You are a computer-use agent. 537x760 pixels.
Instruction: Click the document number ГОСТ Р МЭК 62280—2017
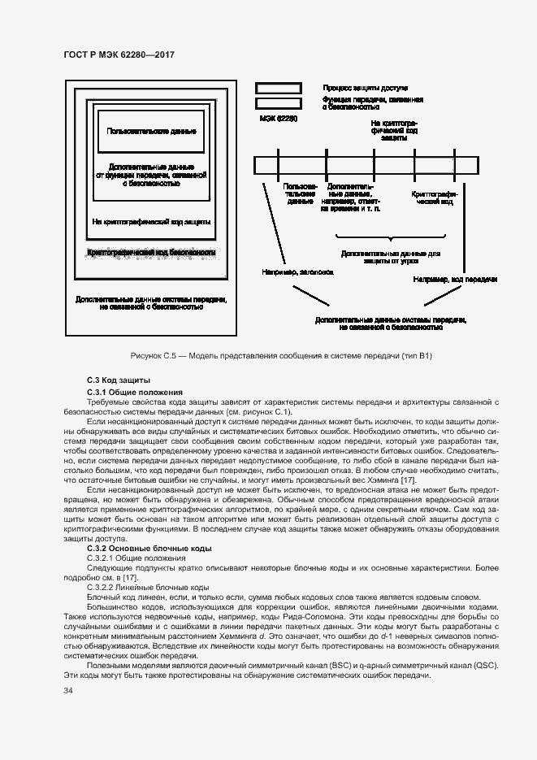[x=119, y=55]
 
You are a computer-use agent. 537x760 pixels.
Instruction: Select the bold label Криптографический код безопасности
[x=151, y=253]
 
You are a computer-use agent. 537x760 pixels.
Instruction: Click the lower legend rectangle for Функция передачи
[x=278, y=103]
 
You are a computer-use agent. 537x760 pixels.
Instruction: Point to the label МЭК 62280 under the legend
[x=277, y=119]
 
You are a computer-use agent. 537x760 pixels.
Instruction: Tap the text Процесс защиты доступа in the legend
[x=365, y=87]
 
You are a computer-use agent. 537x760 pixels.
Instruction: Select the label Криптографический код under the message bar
[x=436, y=199]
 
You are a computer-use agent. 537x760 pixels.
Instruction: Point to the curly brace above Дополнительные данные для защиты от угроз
[x=390, y=239]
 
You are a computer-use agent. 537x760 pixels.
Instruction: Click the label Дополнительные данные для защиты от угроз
[x=390, y=257]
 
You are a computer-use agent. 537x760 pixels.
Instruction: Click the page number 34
[x=69, y=691]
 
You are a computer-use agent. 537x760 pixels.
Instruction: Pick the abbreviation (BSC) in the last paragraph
[x=340, y=665]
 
